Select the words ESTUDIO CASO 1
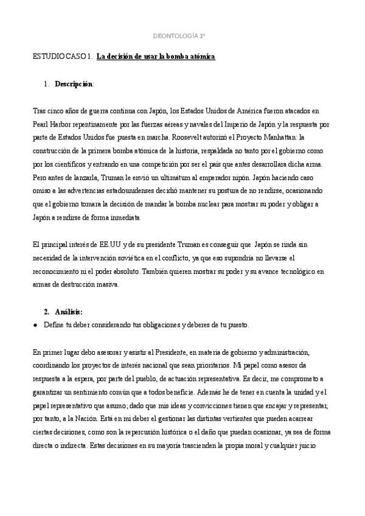pyautogui.click(x=61, y=57)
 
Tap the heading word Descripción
pyautogui.click(x=74, y=83)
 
